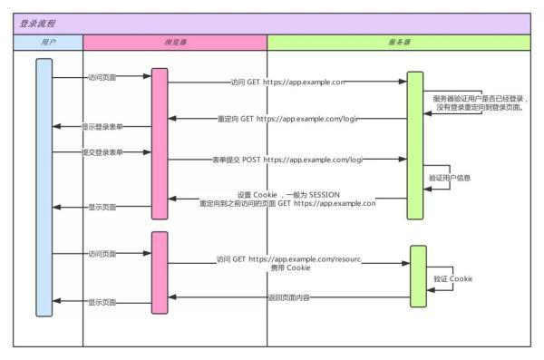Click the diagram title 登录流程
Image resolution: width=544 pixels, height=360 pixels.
pyautogui.click(x=37, y=24)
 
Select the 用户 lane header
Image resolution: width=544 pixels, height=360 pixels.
pyautogui.click(x=48, y=42)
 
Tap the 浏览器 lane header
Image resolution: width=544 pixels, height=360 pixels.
pyautogui.click(x=174, y=42)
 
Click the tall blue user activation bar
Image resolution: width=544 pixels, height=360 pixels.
pyautogui.click(x=44, y=186)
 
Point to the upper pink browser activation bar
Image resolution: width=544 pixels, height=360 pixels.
pyautogui.click(x=160, y=143)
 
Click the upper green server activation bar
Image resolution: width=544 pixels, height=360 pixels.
pyautogui.click(x=415, y=145)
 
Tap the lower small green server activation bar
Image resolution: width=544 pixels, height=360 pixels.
pyautogui.click(x=418, y=276)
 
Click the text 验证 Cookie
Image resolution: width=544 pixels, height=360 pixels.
pyautogui.click(x=454, y=277)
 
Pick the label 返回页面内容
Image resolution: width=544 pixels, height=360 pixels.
pyautogui.click(x=289, y=297)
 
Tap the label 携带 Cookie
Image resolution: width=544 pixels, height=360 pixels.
pyautogui.click(x=290, y=269)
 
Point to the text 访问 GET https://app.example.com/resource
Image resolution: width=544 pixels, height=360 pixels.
pyautogui.click(x=288, y=259)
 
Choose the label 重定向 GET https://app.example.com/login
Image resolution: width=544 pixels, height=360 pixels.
pyautogui.click(x=288, y=119)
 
